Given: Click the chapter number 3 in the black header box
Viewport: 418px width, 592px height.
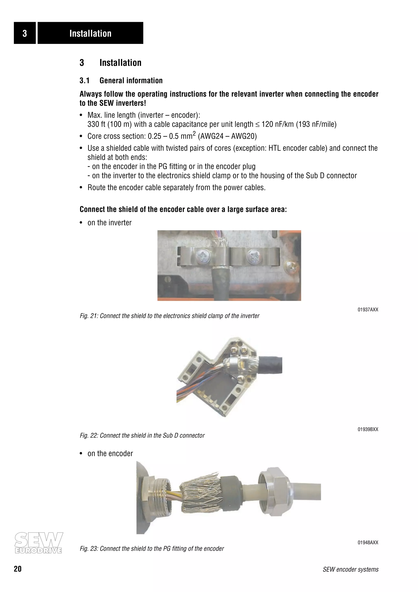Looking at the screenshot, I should [x=25, y=33].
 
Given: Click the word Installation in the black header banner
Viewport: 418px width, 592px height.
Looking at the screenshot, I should [x=90, y=34].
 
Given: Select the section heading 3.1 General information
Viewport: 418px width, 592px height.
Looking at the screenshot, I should [x=121, y=80].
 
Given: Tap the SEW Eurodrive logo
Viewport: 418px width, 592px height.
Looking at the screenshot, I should [x=38, y=543].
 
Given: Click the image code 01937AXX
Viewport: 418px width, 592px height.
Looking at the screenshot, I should [x=368, y=310].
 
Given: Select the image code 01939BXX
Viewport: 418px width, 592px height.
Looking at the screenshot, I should [x=368, y=429].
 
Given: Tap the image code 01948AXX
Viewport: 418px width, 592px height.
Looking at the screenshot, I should [x=368, y=543].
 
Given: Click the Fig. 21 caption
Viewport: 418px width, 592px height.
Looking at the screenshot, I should [x=169, y=316].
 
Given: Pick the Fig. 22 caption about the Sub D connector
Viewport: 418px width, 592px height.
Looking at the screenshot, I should [x=142, y=436].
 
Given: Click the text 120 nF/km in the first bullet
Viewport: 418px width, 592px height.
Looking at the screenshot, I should [x=278, y=124].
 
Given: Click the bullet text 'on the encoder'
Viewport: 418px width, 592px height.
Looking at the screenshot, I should [x=110, y=453].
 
